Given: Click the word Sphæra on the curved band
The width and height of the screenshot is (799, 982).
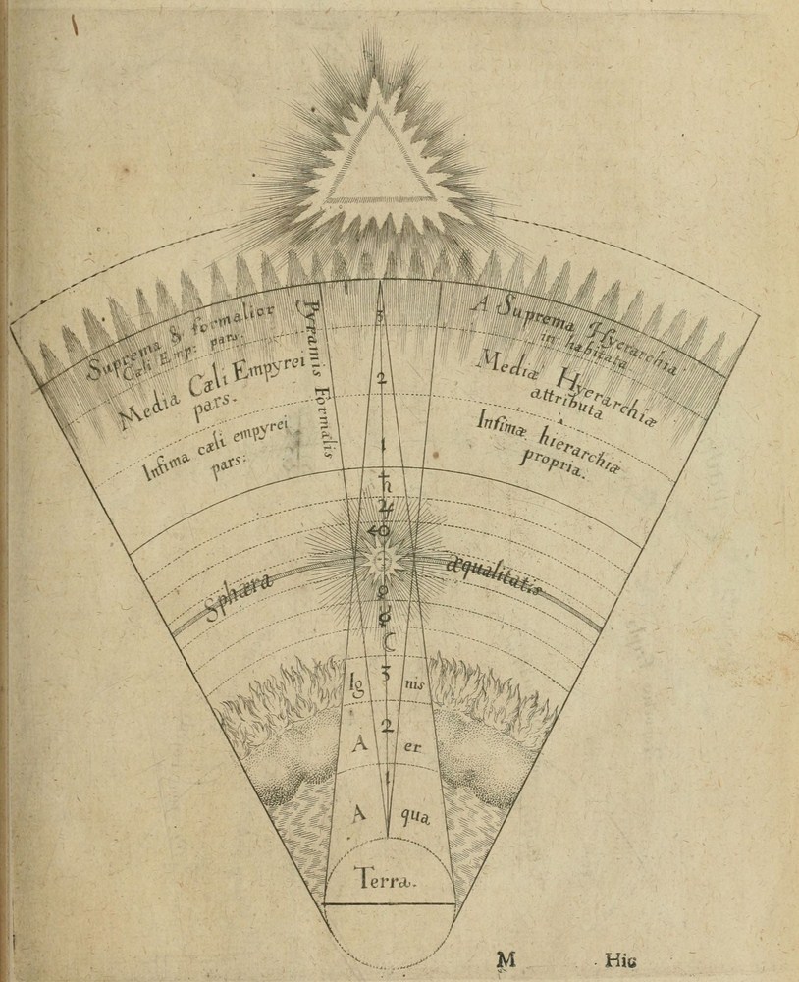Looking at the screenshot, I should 240,593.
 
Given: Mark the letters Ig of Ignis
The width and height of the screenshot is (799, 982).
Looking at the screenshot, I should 355,680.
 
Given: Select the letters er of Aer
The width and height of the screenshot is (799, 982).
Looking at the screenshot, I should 411,746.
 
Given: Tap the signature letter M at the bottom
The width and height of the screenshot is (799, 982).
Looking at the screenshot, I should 506,960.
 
